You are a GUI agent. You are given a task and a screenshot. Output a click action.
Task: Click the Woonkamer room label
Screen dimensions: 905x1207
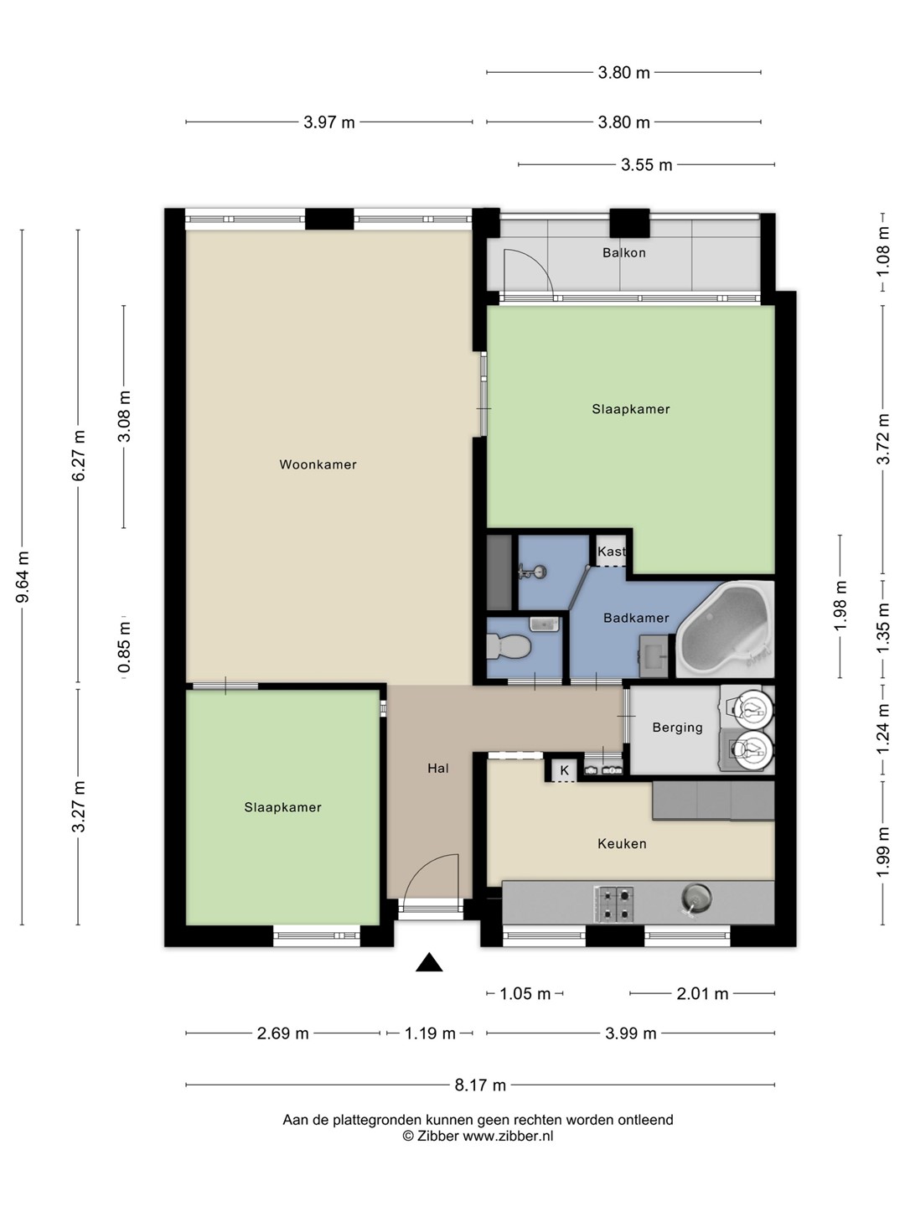[318, 464]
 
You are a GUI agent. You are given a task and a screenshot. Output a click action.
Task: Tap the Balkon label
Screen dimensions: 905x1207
[623, 253]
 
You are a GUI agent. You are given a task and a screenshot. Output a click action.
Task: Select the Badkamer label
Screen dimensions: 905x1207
[636, 618]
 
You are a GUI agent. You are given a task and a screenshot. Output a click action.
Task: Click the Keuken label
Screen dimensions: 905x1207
[622, 843]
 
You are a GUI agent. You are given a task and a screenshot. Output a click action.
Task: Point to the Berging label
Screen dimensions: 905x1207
[677, 728]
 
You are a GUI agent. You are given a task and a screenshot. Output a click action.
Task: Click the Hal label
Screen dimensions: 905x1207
[438, 768]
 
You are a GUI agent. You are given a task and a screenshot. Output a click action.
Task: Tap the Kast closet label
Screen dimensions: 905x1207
[611, 551]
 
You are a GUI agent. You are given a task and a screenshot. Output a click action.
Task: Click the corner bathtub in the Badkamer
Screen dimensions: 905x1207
[724, 630]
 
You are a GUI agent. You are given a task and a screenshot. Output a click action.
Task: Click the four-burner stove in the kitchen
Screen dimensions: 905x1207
[613, 904]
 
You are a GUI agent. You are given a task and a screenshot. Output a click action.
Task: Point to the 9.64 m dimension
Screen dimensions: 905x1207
[22, 577]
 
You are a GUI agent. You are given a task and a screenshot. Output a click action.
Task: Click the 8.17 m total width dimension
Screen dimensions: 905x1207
[479, 1085]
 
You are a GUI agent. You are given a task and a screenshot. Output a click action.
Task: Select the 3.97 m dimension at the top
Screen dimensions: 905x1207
[329, 122]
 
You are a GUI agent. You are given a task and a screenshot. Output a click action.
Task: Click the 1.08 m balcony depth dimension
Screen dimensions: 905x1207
[882, 252]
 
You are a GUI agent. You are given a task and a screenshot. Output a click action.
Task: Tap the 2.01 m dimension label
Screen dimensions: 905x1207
[701, 993]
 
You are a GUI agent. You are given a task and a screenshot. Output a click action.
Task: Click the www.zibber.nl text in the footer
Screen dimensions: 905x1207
[508, 1136]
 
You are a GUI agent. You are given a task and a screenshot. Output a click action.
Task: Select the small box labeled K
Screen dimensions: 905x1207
[564, 770]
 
